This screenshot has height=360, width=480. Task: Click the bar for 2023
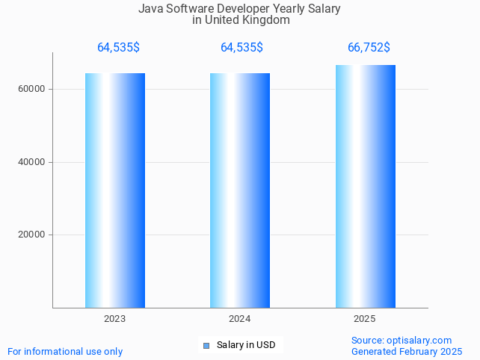click(115, 190)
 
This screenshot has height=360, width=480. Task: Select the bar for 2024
click(240, 190)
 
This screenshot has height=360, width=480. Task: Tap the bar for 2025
click(365, 187)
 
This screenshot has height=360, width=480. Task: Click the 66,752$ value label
click(369, 48)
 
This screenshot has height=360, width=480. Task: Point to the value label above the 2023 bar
click(118, 48)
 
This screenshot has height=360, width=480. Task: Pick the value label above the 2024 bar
click(241, 48)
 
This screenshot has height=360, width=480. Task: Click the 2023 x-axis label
click(115, 319)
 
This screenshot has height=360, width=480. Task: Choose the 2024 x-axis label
click(240, 319)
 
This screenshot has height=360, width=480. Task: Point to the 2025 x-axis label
click(365, 319)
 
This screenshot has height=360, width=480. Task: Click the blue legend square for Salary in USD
click(206, 345)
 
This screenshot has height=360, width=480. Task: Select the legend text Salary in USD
click(246, 345)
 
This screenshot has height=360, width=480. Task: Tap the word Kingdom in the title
click(265, 20)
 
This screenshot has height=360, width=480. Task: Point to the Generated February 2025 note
click(407, 352)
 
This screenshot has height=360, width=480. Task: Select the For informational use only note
click(65, 352)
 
